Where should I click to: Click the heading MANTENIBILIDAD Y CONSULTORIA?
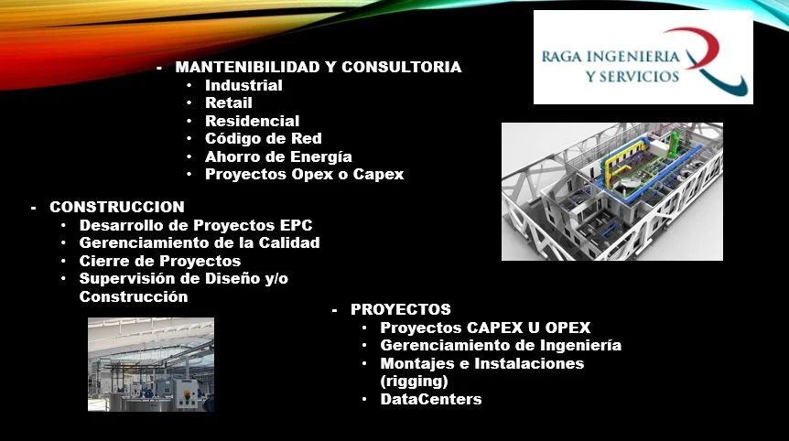[x=318, y=67]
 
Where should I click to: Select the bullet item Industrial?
[x=243, y=85]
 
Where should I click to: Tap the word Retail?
[x=229, y=102]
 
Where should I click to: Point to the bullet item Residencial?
[x=252, y=121]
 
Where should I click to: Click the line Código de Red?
[x=264, y=138]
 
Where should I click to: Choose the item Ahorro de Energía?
[x=278, y=156]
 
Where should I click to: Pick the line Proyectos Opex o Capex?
[x=305, y=175]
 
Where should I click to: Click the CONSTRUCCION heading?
[x=117, y=207]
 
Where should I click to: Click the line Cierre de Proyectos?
[x=160, y=261]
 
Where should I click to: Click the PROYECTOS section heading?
[x=401, y=309]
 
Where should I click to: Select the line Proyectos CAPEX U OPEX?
[x=485, y=328]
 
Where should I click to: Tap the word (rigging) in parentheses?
[x=414, y=382]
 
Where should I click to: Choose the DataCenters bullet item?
[x=431, y=399]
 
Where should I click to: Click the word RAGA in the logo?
[x=561, y=56]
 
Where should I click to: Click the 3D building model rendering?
[x=611, y=191]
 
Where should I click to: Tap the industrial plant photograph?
[x=151, y=364]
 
